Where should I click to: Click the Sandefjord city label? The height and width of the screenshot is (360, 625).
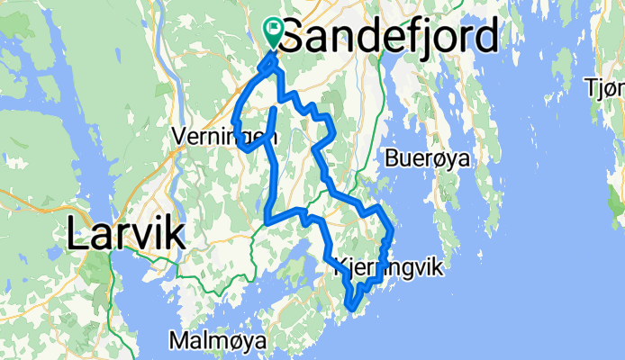pos(389,39)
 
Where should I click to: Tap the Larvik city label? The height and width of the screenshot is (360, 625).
pos(125,236)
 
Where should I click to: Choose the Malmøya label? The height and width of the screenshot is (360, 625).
pos(217,342)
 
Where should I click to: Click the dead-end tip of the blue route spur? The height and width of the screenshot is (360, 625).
pos(273,109)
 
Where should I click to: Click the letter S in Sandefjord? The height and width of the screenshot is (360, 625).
pos(294,39)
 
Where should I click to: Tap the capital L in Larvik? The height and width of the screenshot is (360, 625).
pos(76,236)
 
